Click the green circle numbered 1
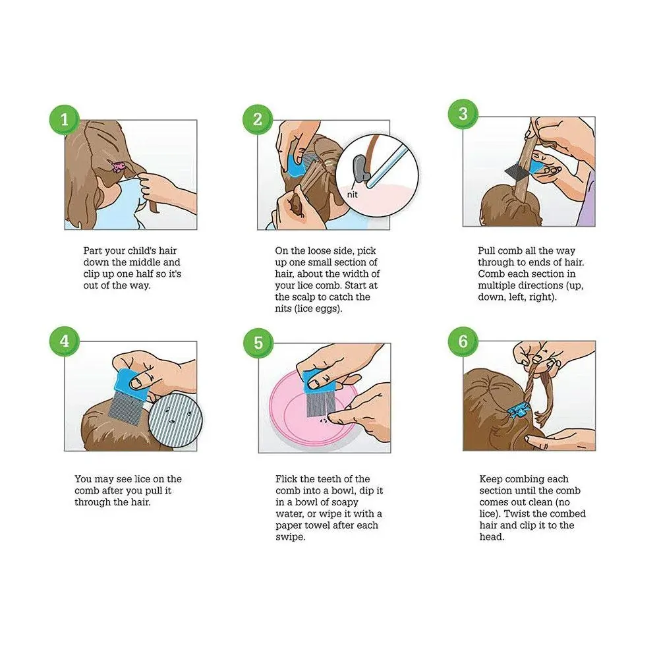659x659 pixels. click(x=65, y=120)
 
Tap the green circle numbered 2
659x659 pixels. click(x=258, y=119)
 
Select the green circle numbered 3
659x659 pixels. click(x=463, y=113)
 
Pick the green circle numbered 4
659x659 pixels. click(x=65, y=341)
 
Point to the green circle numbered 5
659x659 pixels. click(x=258, y=343)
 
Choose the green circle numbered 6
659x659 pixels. click(x=463, y=341)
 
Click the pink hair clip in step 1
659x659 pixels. click(x=118, y=167)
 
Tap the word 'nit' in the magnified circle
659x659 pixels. click(x=352, y=194)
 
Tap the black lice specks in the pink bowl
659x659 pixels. click(x=324, y=420)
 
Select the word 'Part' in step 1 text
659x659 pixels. click(x=92, y=250)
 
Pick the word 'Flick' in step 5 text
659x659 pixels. click(x=287, y=478)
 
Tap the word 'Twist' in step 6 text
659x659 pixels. click(x=517, y=513)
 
